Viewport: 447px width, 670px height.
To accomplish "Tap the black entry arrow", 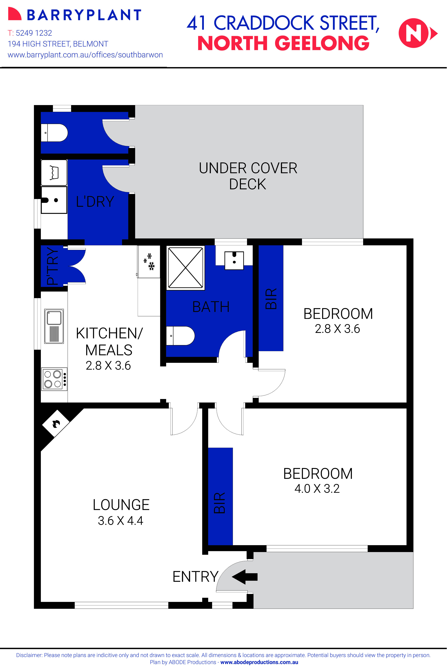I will (245, 577).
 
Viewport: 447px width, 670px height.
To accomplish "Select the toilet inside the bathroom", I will (180, 336).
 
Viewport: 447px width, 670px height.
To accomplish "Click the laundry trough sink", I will (54, 200).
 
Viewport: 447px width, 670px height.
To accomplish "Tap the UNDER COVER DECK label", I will (248, 176).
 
